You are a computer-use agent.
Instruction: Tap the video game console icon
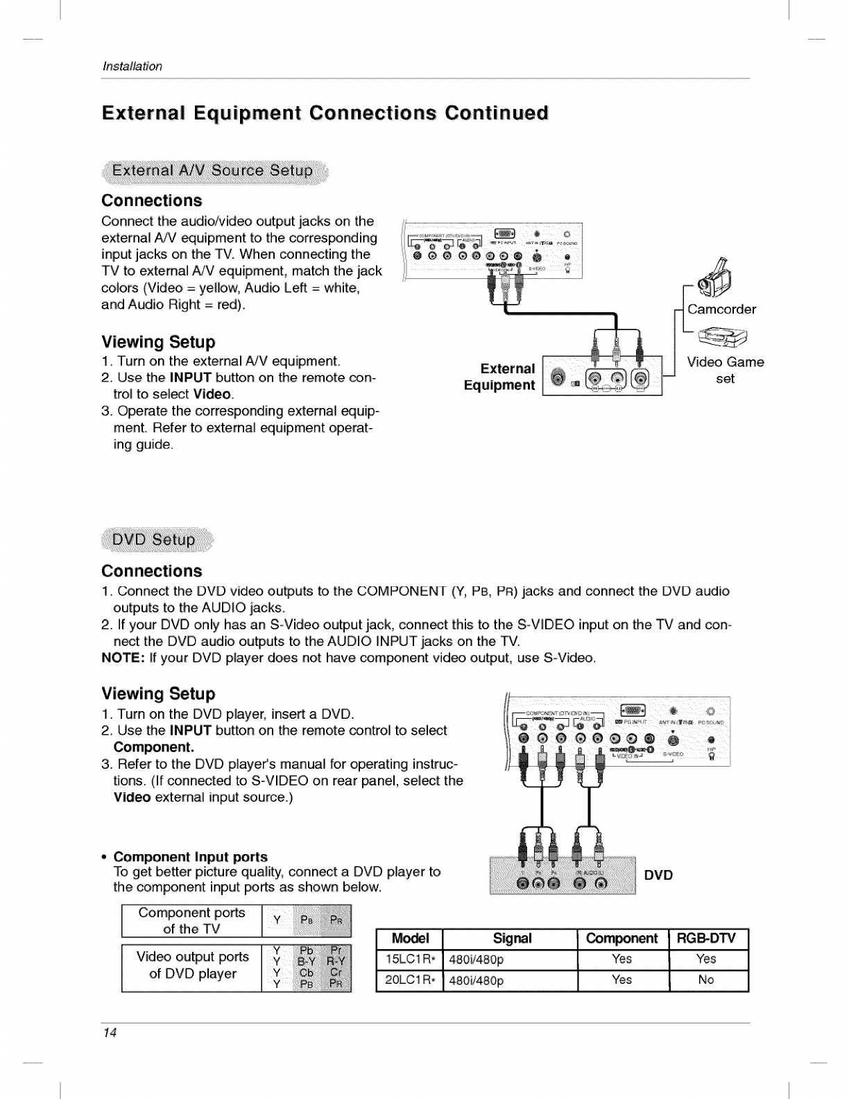[x=724, y=338]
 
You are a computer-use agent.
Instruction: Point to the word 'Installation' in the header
[x=132, y=67]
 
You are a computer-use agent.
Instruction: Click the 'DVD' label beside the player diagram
[x=658, y=875]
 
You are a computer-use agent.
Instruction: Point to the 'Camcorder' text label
[x=721, y=309]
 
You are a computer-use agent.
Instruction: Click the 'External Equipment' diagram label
[x=500, y=377]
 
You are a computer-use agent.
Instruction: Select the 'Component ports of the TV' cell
[x=191, y=921]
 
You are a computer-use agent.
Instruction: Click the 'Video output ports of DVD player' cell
[x=193, y=965]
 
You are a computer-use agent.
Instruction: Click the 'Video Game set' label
[x=725, y=370]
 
